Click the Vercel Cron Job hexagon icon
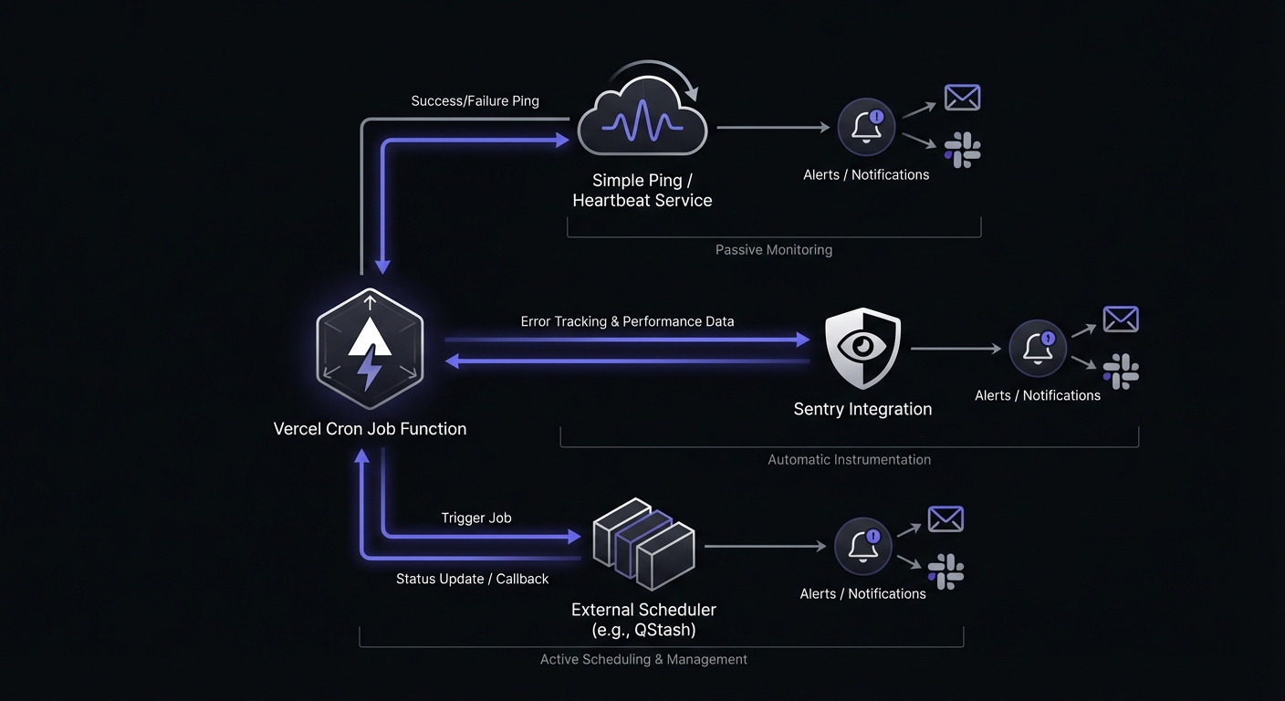click(370, 350)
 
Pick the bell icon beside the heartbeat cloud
click(866, 127)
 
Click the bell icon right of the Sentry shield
click(1038, 348)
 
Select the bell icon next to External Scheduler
click(862, 546)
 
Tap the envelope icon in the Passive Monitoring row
click(962, 98)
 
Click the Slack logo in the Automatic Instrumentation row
click(1121, 371)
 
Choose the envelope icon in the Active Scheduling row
click(945, 519)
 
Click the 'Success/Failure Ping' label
click(475, 100)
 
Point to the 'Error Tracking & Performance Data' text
click(627, 321)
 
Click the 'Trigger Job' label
click(476, 518)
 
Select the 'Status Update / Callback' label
click(472, 579)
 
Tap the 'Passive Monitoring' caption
click(773, 249)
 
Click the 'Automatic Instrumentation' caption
click(849, 459)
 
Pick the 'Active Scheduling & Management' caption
click(643, 659)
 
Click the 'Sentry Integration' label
click(862, 409)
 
